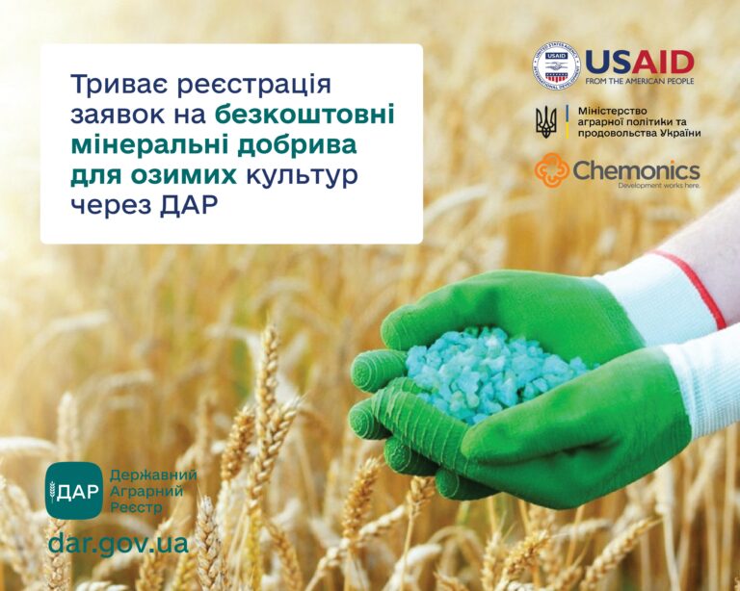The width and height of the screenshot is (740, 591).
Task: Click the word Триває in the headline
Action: [x=119, y=85]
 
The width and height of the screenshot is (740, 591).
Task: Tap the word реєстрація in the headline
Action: [x=254, y=86]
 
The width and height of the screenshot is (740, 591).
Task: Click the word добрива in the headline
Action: [x=297, y=146]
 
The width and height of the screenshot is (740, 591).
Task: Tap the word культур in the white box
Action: [x=303, y=178]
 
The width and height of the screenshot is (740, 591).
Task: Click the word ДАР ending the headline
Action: [x=189, y=206]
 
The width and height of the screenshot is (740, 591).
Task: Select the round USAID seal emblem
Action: [x=556, y=66]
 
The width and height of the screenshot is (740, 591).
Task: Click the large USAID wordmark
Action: [x=640, y=63]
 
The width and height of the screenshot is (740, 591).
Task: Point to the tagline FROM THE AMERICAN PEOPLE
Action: [x=640, y=82]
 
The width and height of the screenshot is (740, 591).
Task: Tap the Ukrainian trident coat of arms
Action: [x=546, y=121]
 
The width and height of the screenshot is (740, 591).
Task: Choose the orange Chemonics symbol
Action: [x=552, y=170]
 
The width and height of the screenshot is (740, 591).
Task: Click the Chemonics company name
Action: [x=636, y=170]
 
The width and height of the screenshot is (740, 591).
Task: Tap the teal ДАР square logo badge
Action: [x=74, y=490]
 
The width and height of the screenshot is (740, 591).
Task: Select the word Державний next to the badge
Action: [x=153, y=475]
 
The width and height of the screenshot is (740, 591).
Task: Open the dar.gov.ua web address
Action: [x=118, y=545]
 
